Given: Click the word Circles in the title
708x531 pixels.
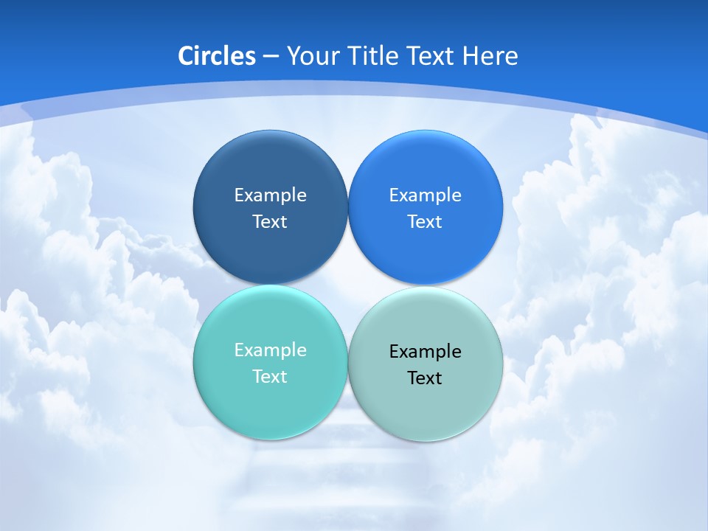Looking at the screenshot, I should (x=216, y=56).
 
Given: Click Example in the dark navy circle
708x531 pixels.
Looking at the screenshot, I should (x=270, y=195).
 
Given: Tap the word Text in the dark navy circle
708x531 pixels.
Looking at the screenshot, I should (x=270, y=222).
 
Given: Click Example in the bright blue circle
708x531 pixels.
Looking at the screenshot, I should (x=425, y=195).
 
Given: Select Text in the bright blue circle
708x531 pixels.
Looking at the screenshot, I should (x=425, y=222).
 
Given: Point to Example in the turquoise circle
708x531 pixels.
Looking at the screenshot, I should (x=270, y=350).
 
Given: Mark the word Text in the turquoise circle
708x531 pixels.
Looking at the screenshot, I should (x=270, y=377).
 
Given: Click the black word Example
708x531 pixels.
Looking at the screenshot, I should (x=425, y=352).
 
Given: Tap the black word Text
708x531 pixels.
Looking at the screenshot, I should (x=425, y=378).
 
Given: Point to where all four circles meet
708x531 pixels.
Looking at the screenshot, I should (x=347, y=285).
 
